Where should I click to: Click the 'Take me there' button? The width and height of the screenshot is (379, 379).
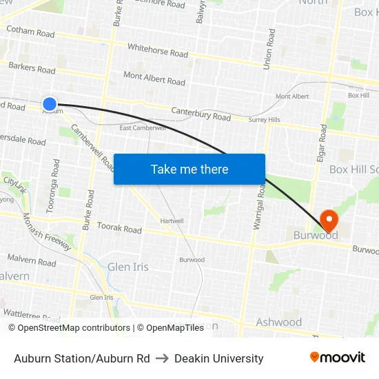point(189,170)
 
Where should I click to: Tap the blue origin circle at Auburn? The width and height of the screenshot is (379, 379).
point(50,104)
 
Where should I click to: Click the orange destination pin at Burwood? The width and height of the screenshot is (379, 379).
point(330,221)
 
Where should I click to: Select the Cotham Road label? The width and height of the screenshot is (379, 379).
point(30,32)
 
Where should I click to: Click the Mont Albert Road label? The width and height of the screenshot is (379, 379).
point(154,78)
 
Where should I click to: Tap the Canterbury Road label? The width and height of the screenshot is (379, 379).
point(201,113)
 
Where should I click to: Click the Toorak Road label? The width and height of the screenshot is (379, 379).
point(119,228)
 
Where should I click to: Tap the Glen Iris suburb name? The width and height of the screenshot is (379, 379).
point(127,267)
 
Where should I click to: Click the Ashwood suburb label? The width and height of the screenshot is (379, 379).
point(278,322)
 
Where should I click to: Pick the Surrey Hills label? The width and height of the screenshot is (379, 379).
point(264,120)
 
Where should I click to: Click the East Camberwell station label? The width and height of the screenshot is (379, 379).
point(143,128)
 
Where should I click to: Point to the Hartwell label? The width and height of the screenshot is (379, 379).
point(172,221)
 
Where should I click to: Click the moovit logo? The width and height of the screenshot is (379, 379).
point(338,357)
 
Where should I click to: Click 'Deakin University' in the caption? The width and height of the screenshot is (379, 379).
point(219,358)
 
